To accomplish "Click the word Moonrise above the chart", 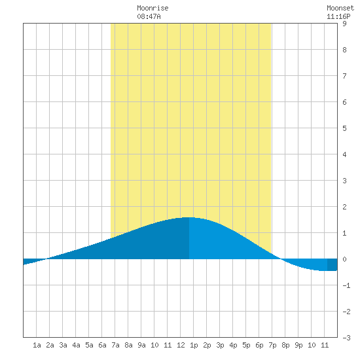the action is click(153, 9).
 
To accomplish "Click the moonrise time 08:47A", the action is click(149, 16).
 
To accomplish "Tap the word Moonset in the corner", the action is click(340, 9).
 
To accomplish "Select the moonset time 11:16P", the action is click(338, 16).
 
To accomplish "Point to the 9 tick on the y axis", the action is click(344, 24).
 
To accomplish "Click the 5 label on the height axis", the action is click(344, 128).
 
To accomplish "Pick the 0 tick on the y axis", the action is click(344, 259).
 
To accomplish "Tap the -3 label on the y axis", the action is click(346, 338).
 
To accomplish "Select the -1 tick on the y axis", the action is click(346, 285).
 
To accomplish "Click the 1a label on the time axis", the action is click(37, 345).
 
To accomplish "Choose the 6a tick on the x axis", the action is click(102, 345).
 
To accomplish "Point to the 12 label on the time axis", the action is click(181, 345).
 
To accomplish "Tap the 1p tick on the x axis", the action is click(194, 345).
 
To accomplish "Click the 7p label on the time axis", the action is click(272, 345).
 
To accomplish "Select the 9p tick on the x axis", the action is click(298, 345).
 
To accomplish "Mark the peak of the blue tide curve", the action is click(189, 217).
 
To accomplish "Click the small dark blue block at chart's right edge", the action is click(333, 264).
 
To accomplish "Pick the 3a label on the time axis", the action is click(63, 345).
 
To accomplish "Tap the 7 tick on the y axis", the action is click(344, 76).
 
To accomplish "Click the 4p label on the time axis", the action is click(233, 345).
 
